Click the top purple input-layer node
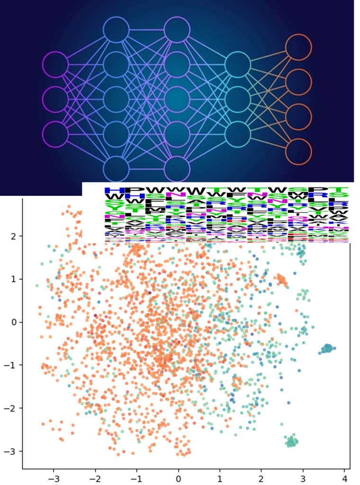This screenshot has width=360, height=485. [x=55, y=64]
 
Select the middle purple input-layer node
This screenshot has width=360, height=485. [x=55, y=100]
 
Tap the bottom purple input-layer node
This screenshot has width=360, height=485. [x=55, y=135]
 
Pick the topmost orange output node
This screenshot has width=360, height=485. [x=298, y=47]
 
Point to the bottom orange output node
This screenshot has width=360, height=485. [x=298, y=152]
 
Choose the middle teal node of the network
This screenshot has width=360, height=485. [x=237, y=100]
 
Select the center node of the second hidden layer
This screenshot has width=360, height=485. [x=177, y=100]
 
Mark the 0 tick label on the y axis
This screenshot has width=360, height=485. [x=14, y=322]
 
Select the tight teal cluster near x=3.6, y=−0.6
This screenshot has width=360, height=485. [x=327, y=349]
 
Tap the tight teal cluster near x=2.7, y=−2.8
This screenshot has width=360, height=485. [x=292, y=442]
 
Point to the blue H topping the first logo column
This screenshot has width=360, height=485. [x=113, y=191]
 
